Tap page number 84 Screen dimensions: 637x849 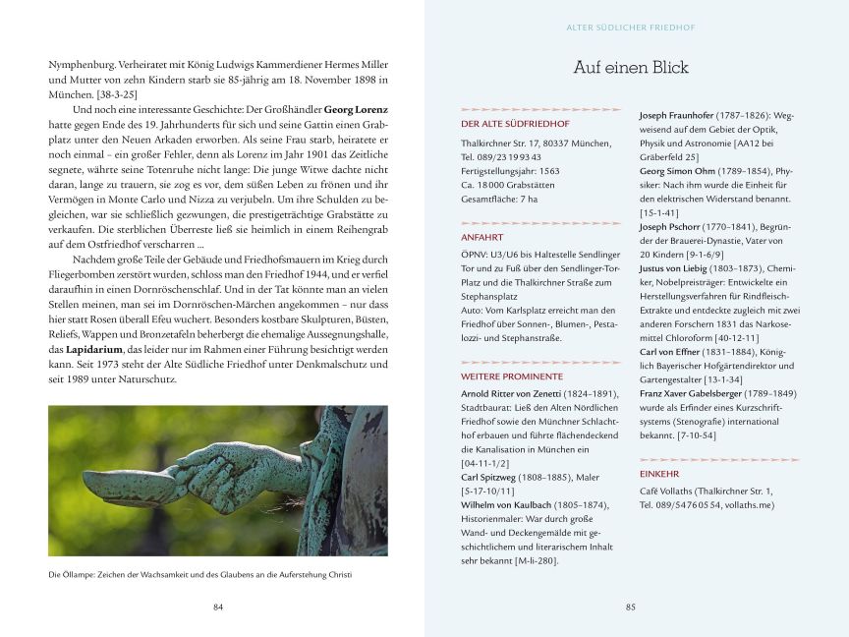[x=218, y=607]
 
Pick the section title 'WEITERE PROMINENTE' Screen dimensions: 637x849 [x=511, y=376]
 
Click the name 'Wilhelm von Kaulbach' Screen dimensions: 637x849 [x=507, y=504]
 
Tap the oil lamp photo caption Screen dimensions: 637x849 [x=199, y=574]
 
